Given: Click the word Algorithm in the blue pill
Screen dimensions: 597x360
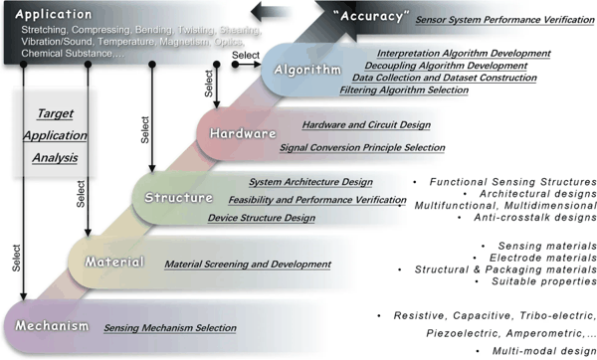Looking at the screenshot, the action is click(x=307, y=70).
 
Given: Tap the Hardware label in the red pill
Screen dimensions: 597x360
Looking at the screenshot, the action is click(x=243, y=133).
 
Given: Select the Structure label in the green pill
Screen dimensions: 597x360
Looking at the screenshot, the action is click(x=178, y=198).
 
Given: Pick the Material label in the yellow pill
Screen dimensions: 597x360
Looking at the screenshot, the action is click(x=114, y=262).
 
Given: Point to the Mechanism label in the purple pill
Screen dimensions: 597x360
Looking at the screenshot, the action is click(x=52, y=326).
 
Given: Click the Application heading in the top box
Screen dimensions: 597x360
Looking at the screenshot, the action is click(x=54, y=15).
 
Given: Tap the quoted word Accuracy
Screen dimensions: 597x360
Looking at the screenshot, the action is click(x=371, y=16).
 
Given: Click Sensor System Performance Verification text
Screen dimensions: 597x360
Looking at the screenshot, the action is click(x=504, y=20).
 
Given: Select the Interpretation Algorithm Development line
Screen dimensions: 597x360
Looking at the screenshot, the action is click(x=464, y=54).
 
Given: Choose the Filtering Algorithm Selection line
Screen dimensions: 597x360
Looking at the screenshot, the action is click(x=404, y=90).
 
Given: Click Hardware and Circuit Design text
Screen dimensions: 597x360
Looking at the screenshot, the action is click(x=366, y=125).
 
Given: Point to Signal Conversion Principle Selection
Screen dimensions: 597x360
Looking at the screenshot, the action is click(x=362, y=147).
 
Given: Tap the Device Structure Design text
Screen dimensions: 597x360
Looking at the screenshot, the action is click(x=262, y=218).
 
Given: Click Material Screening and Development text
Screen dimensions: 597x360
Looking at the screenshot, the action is click(x=248, y=265).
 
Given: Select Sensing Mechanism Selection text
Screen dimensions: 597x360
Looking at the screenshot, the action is click(x=170, y=327).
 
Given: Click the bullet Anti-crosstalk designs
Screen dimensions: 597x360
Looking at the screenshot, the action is click(x=527, y=218).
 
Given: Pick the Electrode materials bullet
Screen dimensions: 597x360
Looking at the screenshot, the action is click(x=535, y=258).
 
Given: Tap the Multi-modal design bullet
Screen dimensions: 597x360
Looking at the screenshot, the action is click(x=536, y=350).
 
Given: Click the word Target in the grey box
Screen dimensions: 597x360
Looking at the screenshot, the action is click(x=55, y=113).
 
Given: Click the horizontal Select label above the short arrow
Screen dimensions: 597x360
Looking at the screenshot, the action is click(x=246, y=55).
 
